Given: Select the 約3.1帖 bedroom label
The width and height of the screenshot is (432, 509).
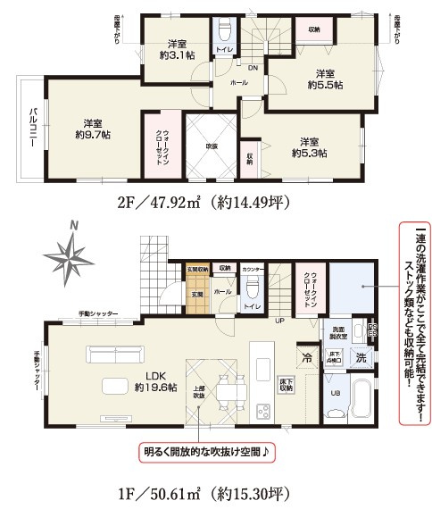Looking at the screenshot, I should tap(176, 50).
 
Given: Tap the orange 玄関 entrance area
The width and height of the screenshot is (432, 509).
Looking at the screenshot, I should tap(196, 290).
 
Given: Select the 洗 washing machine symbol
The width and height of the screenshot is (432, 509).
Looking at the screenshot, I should tap(360, 359).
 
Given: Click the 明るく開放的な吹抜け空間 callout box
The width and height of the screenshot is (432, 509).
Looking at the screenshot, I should tap(204, 453).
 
